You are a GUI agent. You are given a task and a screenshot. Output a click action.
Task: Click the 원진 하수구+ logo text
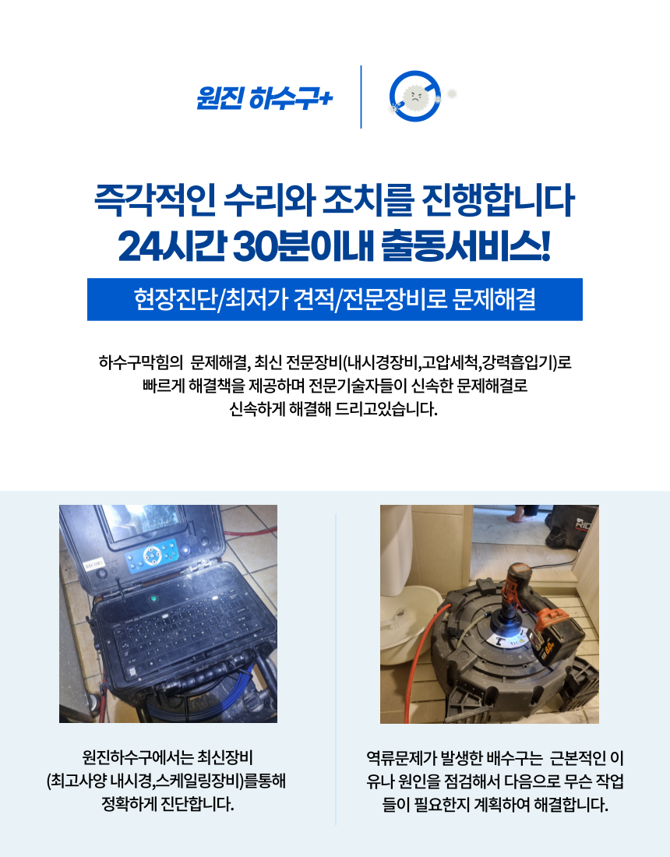pyautogui.click(x=265, y=98)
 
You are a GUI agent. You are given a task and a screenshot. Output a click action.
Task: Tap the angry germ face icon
pyautogui.click(x=414, y=97)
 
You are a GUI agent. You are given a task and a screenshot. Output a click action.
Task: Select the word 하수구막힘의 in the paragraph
pyautogui.click(x=140, y=362)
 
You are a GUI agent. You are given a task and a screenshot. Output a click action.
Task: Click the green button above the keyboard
pyautogui.click(x=153, y=598)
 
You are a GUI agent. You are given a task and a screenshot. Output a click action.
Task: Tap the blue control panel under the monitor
pyautogui.click(x=151, y=555)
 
